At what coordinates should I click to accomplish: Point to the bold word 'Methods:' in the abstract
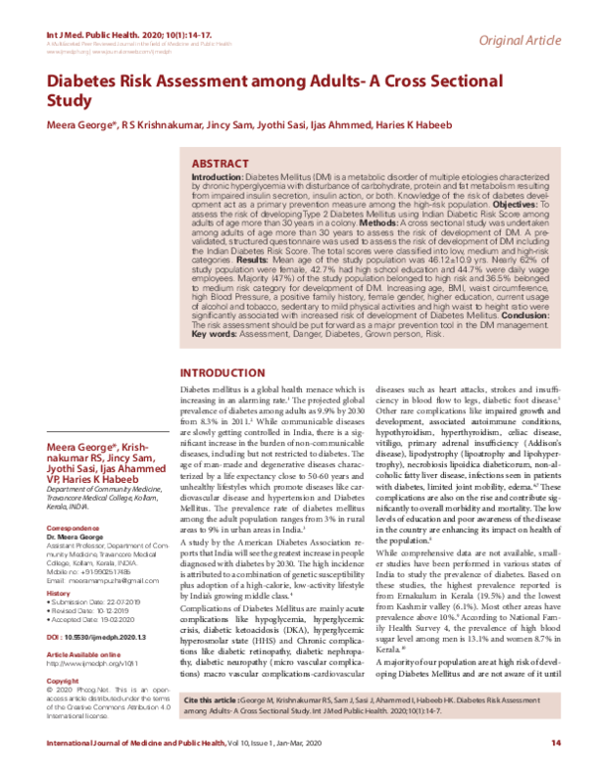click(x=387, y=224)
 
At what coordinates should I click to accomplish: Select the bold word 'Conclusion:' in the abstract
click(x=521, y=317)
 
